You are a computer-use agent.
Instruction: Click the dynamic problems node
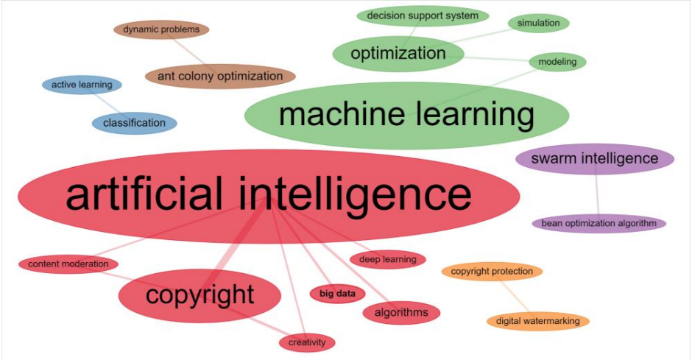pyautogui.click(x=161, y=29)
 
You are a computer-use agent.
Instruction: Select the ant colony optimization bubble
pyautogui.click(x=220, y=77)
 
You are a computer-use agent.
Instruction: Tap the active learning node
pyautogui.click(x=82, y=85)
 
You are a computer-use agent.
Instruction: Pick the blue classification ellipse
pyautogui.click(x=135, y=123)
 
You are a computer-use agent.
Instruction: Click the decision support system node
pyautogui.click(x=423, y=16)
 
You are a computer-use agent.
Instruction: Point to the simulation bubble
pyautogui.click(x=538, y=23)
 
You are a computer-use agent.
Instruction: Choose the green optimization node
pyautogui.click(x=398, y=54)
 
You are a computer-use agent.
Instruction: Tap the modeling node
pyautogui.click(x=557, y=62)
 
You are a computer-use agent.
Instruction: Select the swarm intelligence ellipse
pyautogui.click(x=595, y=159)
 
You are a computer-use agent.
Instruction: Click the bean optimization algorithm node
pyautogui.click(x=599, y=223)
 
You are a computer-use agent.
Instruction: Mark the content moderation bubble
pyautogui.click(x=68, y=264)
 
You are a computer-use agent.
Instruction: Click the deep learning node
pyautogui.click(x=388, y=259)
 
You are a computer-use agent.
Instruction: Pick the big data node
pyautogui.click(x=338, y=294)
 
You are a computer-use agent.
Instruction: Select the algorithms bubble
pyautogui.click(x=401, y=313)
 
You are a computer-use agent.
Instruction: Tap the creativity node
pyautogui.click(x=307, y=342)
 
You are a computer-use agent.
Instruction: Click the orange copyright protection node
pyautogui.click(x=492, y=272)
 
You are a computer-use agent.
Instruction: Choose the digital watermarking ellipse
pyautogui.click(x=538, y=321)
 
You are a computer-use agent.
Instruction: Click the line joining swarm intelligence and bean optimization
pyautogui.click(x=597, y=194)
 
